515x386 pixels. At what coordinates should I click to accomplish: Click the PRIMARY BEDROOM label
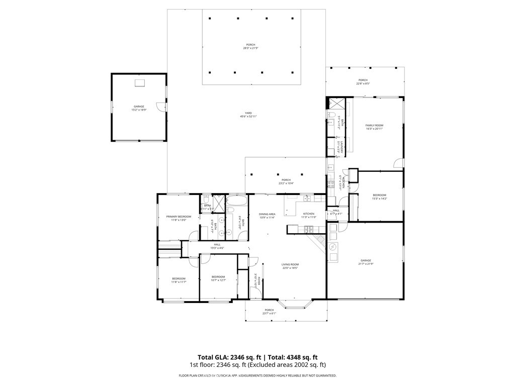179,217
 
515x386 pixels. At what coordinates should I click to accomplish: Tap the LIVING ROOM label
290,264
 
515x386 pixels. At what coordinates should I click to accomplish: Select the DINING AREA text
267,214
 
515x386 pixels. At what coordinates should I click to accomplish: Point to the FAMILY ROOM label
374,125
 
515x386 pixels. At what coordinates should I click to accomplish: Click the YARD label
248,113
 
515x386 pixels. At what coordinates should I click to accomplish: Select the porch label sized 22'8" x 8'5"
363,80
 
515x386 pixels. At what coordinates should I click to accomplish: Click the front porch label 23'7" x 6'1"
269,310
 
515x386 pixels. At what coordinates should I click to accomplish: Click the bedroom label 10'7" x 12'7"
218,277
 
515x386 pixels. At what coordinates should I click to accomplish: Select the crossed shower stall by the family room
336,105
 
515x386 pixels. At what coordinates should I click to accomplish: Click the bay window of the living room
296,304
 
